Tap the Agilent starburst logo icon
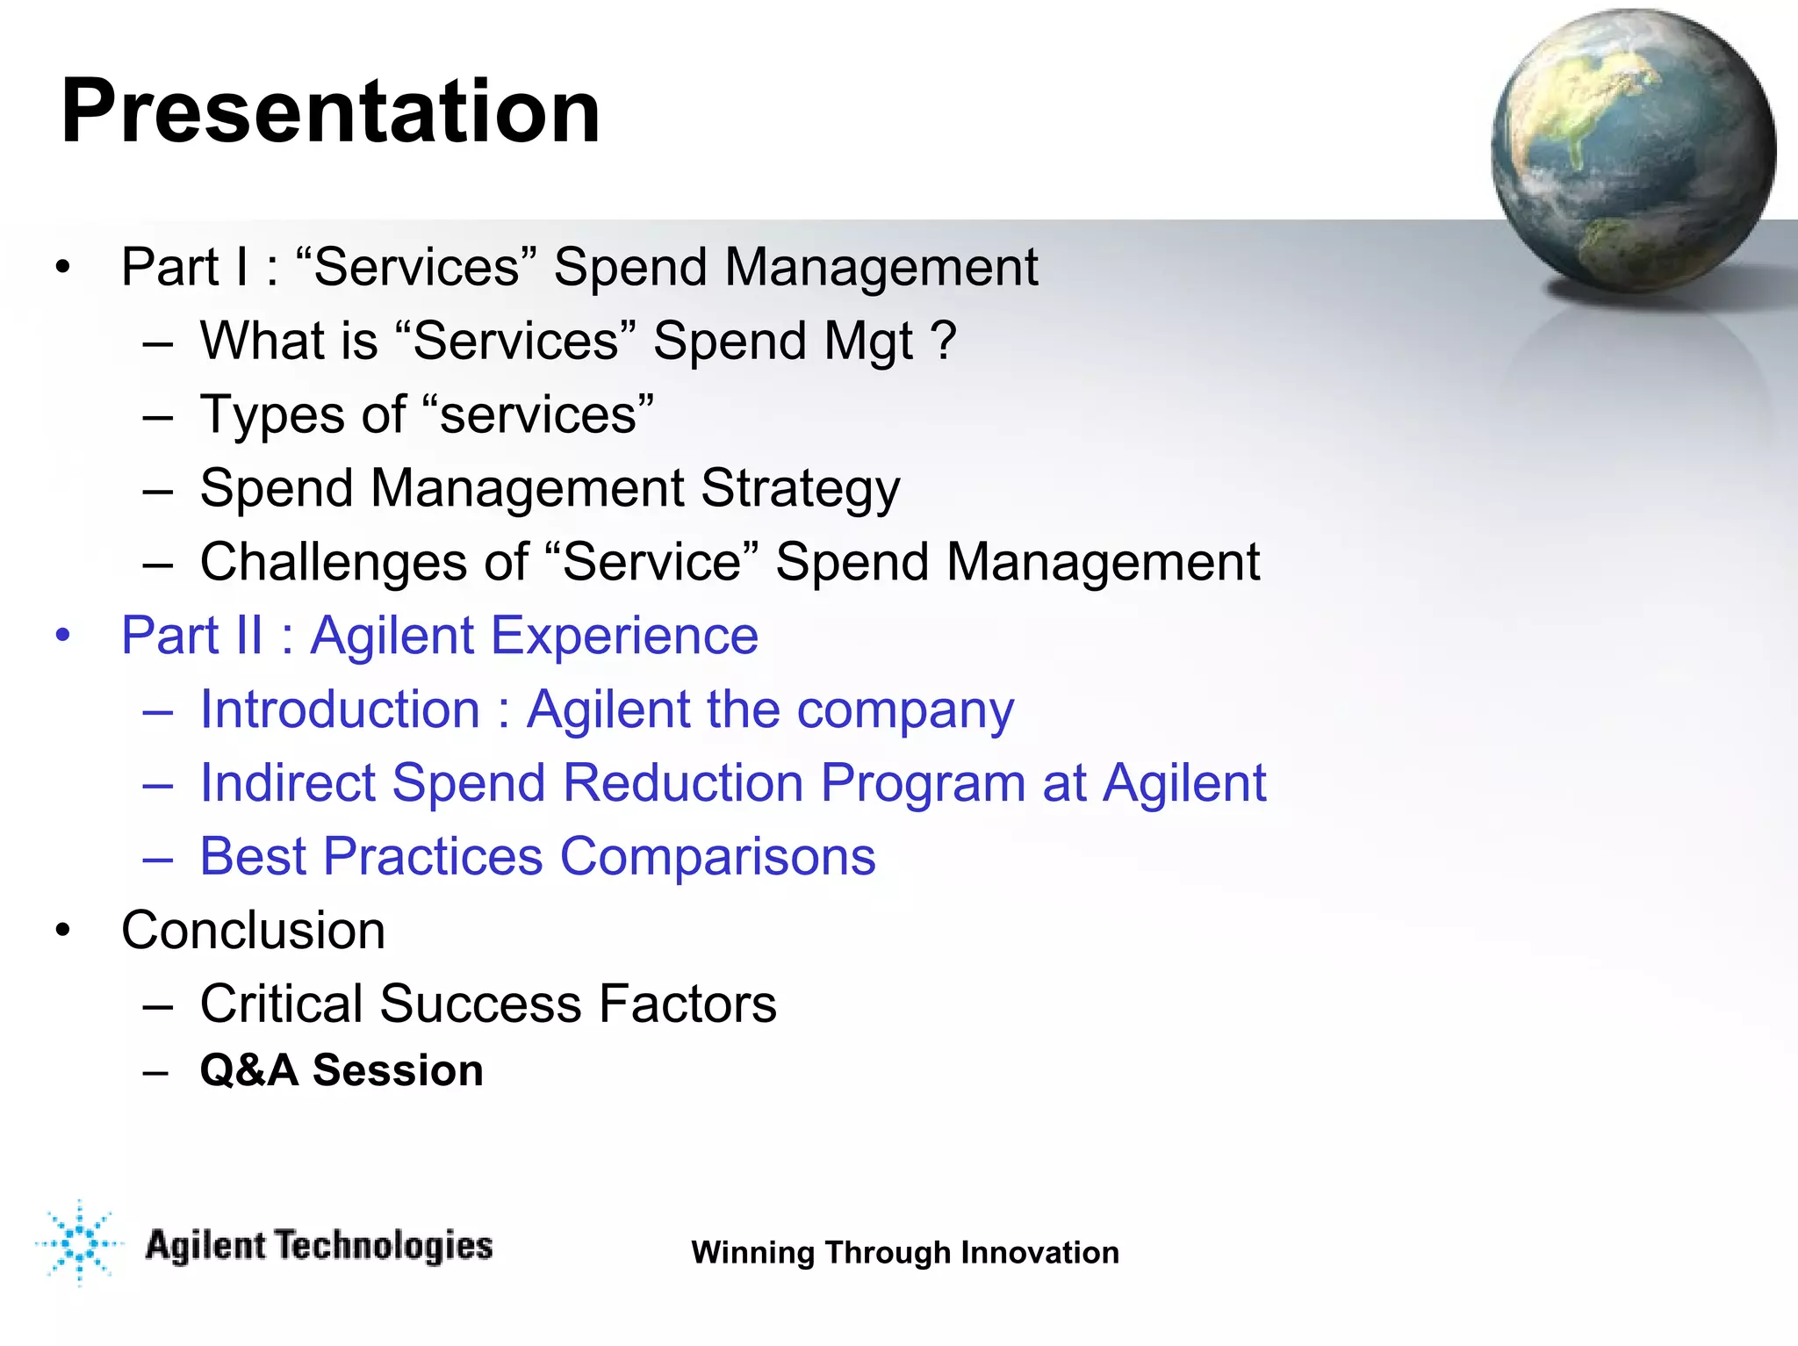coord(79,1242)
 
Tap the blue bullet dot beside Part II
coord(61,635)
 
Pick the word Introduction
coord(340,709)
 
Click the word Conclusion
coord(253,930)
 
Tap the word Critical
coord(281,1004)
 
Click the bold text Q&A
coord(248,1070)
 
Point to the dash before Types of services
coord(157,415)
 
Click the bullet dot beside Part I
coord(61,267)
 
